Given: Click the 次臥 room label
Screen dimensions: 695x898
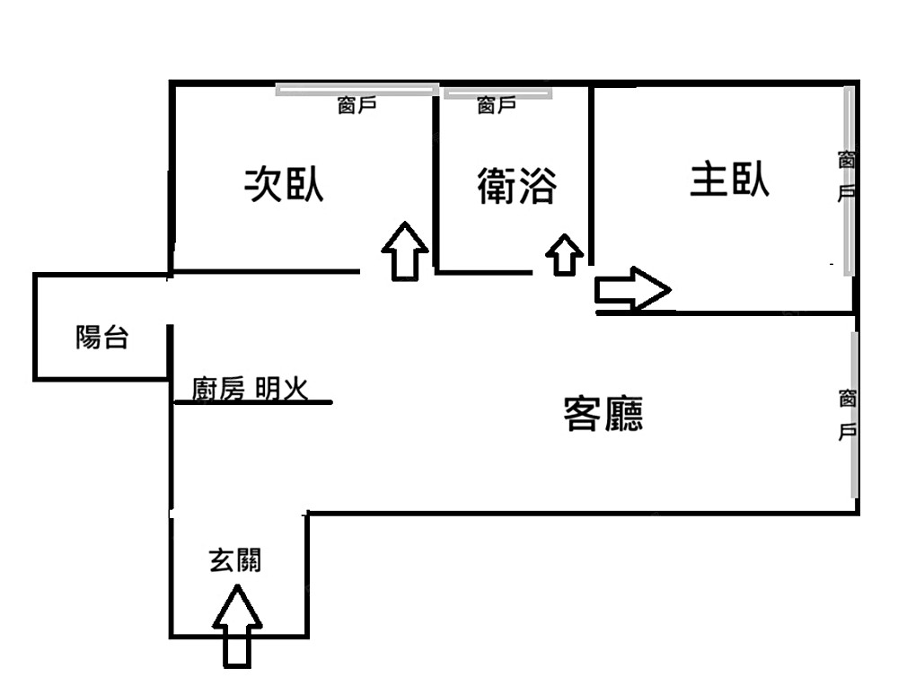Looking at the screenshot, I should coord(285,185).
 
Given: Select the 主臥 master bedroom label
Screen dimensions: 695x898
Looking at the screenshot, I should coord(729,180).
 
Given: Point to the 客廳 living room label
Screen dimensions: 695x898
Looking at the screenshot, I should coord(603,414).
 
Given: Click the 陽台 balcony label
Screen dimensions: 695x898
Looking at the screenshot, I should coord(101,339).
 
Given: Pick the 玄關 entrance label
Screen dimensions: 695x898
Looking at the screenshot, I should coord(235,561).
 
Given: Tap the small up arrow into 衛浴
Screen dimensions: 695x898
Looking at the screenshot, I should coord(564,255).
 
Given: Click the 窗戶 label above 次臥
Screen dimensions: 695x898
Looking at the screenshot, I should coord(357,106).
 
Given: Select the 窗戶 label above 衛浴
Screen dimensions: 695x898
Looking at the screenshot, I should coord(497,106).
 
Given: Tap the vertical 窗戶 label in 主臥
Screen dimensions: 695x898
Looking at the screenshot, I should coord(846,177).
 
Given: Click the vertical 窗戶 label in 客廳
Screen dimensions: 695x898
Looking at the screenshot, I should coord(846,414).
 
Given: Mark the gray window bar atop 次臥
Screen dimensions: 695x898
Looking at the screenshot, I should coord(357,90).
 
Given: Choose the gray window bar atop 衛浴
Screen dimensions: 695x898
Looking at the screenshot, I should coord(497,92).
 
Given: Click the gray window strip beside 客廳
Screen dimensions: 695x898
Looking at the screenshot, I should coord(854,414).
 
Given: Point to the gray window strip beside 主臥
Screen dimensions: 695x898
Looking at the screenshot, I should coord(849,180).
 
